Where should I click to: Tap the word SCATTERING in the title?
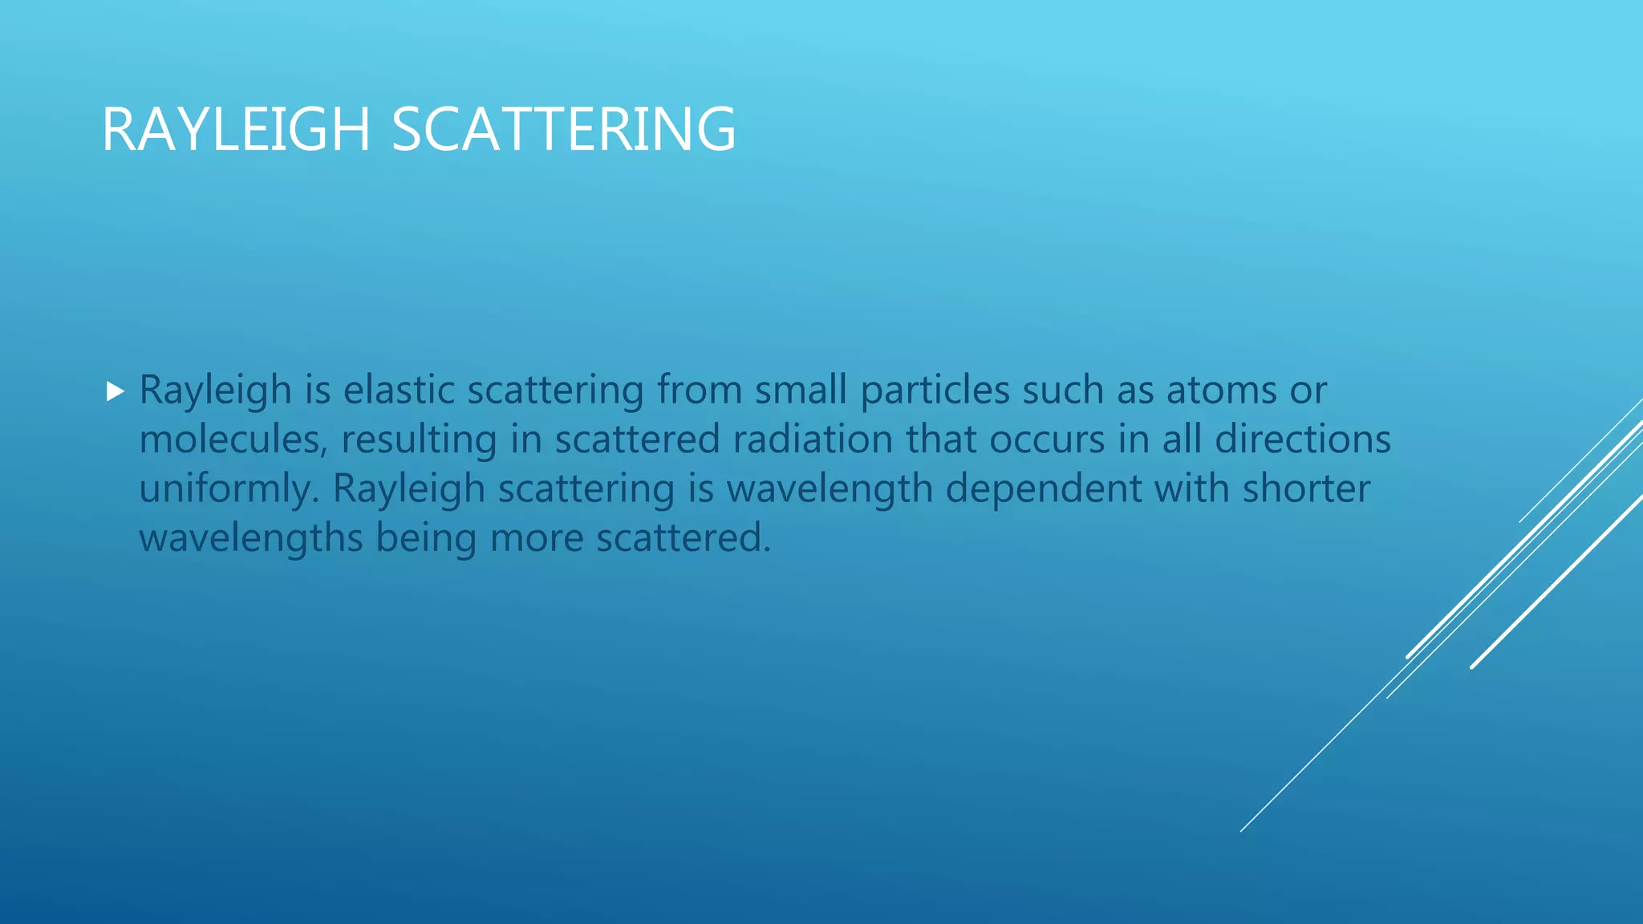click(563, 129)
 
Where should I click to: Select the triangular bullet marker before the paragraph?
click(116, 391)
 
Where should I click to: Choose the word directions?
click(1303, 440)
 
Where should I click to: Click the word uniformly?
click(229, 489)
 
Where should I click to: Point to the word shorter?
click(1306, 488)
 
